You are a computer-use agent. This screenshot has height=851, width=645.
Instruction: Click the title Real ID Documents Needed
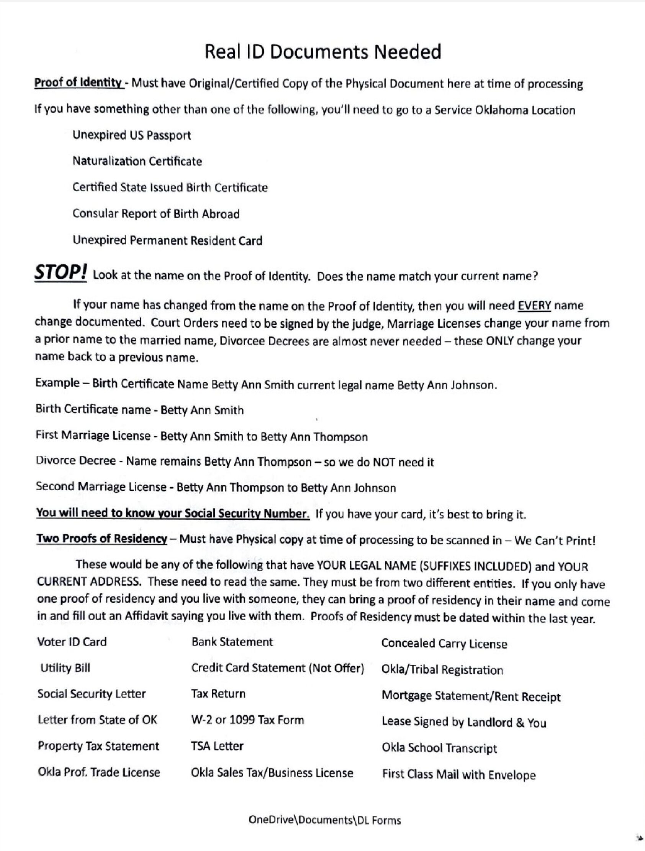(x=322, y=52)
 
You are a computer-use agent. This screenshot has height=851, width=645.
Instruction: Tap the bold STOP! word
(x=61, y=273)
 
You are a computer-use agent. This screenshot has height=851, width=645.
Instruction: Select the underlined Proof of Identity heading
(x=79, y=83)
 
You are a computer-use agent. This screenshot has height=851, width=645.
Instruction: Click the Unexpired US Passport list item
(x=131, y=135)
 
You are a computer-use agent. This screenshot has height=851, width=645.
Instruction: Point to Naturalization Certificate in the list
(x=137, y=161)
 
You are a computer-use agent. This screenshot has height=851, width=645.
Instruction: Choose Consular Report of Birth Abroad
(x=156, y=214)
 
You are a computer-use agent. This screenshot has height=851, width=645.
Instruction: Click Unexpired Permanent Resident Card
(x=167, y=241)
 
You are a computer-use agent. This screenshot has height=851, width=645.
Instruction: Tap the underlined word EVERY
(x=534, y=306)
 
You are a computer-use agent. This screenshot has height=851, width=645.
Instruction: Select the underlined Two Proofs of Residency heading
(x=101, y=539)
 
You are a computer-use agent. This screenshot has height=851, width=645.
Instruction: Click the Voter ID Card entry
(x=72, y=642)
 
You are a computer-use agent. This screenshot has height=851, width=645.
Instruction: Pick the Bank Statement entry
(x=232, y=642)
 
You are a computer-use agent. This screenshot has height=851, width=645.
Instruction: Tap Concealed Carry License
(x=444, y=644)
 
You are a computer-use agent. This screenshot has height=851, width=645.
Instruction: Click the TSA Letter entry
(x=217, y=746)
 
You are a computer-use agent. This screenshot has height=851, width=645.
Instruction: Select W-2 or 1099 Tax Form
(x=247, y=720)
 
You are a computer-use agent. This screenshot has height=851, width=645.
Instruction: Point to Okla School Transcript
(x=439, y=748)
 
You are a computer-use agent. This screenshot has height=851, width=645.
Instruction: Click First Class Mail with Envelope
(x=458, y=775)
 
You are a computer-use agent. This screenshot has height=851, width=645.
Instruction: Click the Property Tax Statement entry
(x=98, y=746)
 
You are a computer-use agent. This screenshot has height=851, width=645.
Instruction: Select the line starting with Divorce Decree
(x=234, y=461)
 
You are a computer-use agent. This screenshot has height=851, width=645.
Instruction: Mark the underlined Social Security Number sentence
(x=173, y=514)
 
